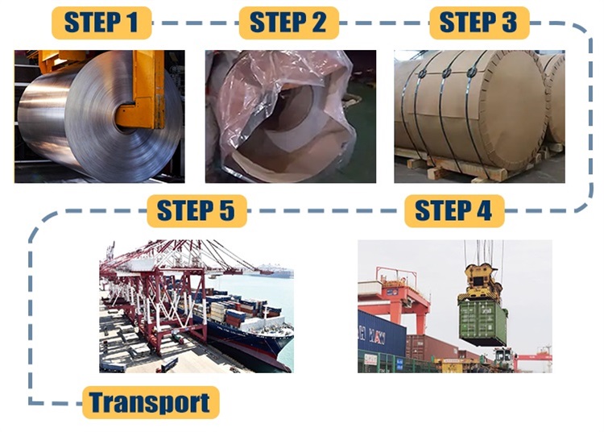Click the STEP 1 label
pos(101,23)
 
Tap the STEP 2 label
pos(288,23)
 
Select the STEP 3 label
pos(479,23)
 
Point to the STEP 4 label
pos(454,211)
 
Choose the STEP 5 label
pos(197,211)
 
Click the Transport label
pos(151,402)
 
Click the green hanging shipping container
pos(483,322)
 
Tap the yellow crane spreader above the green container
pos(480,281)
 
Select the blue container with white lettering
pos(382,334)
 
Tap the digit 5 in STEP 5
pos(226,211)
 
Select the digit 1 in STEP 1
pos(133,23)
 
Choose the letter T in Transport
pos(97,402)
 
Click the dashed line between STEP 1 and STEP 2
pos(196,23)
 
